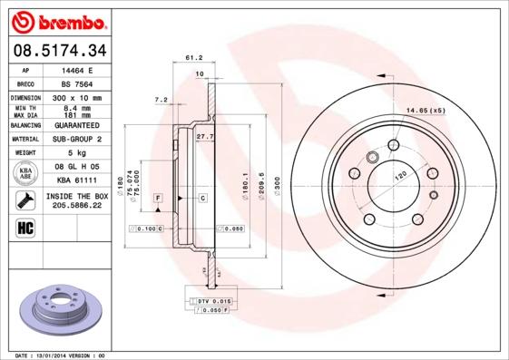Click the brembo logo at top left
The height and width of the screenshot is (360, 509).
point(61,21)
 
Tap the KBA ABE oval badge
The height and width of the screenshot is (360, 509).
point(26,173)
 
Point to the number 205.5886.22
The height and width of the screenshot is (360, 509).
point(76,206)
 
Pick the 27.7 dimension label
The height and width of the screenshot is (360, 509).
point(205,136)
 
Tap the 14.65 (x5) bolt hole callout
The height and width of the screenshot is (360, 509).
point(426,111)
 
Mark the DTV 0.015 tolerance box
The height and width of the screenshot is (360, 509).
point(216,300)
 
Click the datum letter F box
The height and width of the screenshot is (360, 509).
point(158,198)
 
